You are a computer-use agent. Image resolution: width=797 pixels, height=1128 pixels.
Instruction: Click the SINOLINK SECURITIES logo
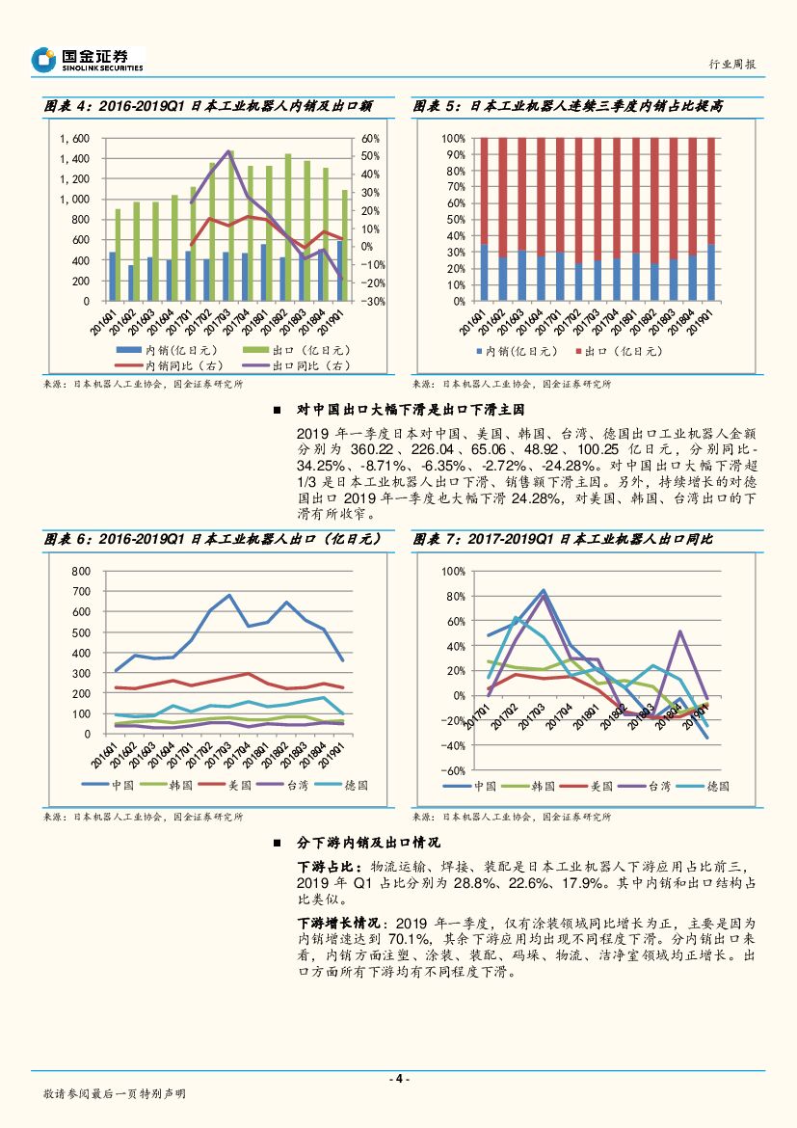tap(87, 60)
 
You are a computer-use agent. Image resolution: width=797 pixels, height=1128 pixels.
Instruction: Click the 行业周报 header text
tap(731, 64)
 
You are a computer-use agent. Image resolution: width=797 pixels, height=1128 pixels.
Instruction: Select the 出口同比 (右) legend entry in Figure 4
tap(309, 366)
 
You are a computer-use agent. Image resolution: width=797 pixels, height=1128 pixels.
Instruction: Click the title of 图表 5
tap(568, 107)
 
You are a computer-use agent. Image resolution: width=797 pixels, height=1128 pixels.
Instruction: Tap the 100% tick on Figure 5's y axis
tap(452, 138)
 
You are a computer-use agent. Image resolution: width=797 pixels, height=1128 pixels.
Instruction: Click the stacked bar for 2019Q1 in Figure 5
tap(711, 219)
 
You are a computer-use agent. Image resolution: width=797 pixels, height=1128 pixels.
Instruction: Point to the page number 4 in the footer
tap(398, 1079)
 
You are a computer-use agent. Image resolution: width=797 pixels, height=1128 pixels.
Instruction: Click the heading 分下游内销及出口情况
tap(368, 843)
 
